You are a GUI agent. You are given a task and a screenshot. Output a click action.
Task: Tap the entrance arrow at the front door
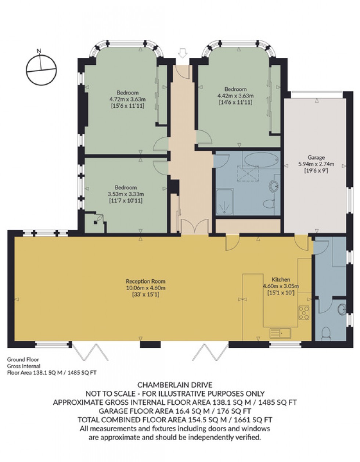tap(182, 54)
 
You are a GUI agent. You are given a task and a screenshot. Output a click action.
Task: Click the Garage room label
tap(316, 158)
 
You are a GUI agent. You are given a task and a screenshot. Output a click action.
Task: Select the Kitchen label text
tap(281, 280)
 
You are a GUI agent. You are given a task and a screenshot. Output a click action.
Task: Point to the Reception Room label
tap(145, 282)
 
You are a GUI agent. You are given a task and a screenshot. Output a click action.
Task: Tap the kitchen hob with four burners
tap(303, 312)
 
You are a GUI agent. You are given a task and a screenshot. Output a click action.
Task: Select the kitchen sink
tap(281, 333)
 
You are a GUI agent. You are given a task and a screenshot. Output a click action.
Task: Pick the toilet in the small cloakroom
tap(325, 333)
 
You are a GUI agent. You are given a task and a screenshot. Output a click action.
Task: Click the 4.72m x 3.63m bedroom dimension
tap(127, 99)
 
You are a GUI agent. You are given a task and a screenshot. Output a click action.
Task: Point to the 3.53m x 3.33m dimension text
tap(126, 194)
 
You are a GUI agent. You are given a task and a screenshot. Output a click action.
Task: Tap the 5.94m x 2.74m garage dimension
tap(316, 164)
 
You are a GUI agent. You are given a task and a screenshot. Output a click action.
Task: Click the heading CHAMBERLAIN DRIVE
tap(174, 385)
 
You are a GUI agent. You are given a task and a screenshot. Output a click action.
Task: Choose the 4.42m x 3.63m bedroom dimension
tap(235, 96)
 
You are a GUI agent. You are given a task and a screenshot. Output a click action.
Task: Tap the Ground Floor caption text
tap(23, 359)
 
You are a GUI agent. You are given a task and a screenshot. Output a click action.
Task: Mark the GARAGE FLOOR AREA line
tap(174, 411)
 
